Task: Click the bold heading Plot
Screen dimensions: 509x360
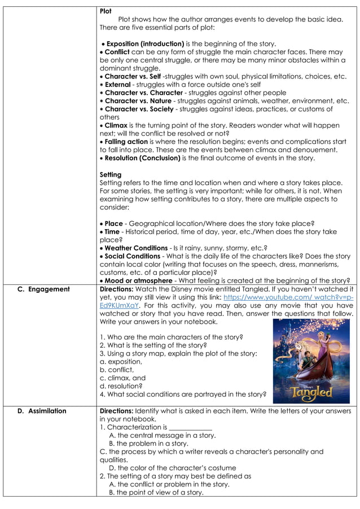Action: click(x=106, y=11)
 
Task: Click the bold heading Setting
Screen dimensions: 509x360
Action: click(x=110, y=174)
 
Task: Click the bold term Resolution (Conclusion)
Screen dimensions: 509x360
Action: click(x=143, y=158)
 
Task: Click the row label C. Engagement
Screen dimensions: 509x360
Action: click(x=43, y=289)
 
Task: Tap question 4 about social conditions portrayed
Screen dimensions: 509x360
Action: click(x=179, y=394)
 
